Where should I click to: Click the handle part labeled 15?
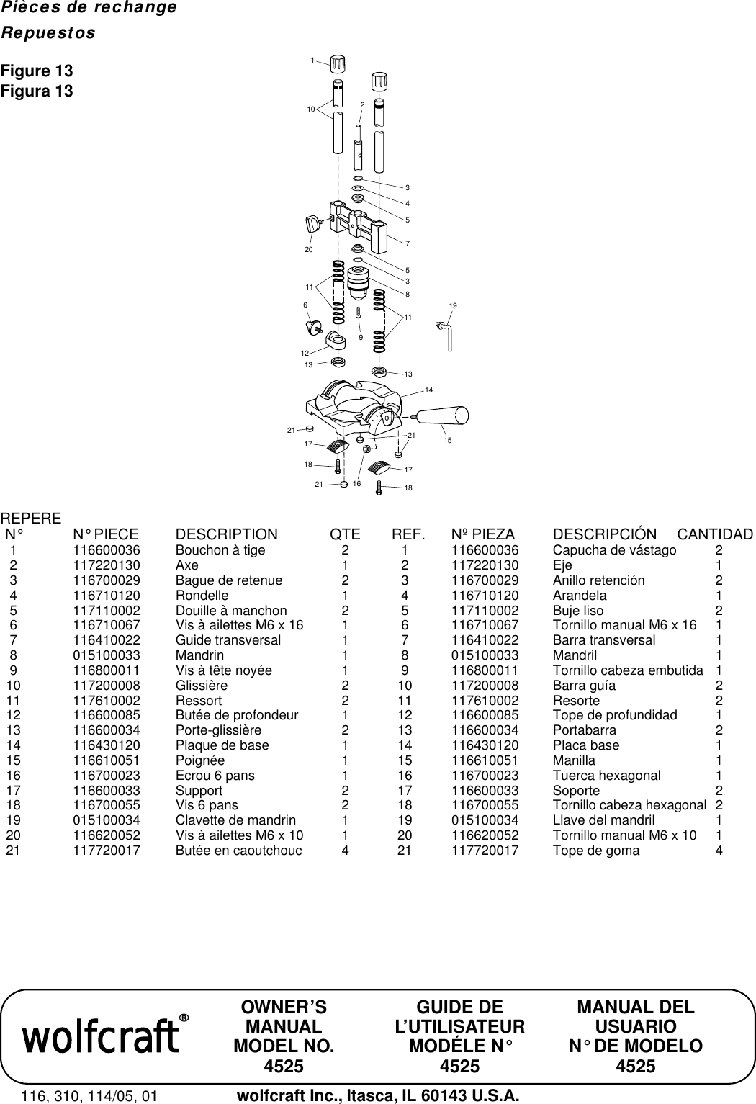tap(442, 416)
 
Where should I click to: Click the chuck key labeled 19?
tap(448, 336)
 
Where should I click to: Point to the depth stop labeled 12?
tap(334, 341)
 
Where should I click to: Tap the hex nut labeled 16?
tap(367, 449)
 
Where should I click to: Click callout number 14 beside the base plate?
tap(428, 390)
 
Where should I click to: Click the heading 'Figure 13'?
tap(37, 71)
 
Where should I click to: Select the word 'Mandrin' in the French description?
tap(199, 655)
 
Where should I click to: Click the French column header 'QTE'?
tap(345, 534)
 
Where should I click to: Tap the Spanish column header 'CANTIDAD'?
tap(715, 534)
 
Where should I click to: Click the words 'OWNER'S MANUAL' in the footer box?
tap(284, 1017)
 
